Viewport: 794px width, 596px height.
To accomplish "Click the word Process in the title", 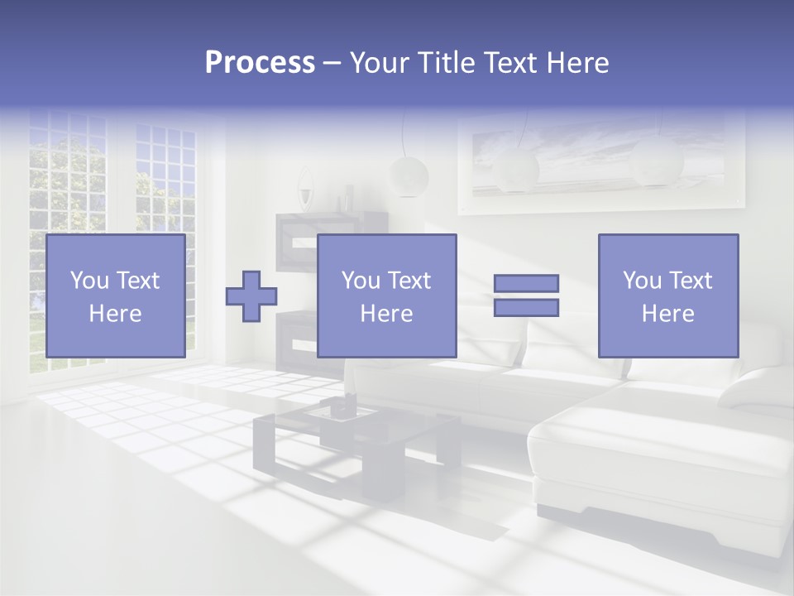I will (x=260, y=63).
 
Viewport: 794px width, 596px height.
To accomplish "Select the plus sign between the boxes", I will (x=251, y=296).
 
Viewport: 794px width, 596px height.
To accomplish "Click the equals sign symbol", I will (x=526, y=296).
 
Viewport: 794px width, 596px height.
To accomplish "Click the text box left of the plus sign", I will (x=115, y=296).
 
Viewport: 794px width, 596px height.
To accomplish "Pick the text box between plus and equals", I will (x=386, y=296).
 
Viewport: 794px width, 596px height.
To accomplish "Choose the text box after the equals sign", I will (x=667, y=296).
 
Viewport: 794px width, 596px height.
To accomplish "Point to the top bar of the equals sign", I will (x=526, y=283).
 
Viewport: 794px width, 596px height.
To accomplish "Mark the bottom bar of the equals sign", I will (x=526, y=308).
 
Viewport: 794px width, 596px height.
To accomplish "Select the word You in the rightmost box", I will (x=642, y=281).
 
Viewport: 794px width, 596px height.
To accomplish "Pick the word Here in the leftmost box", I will (x=115, y=314).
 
